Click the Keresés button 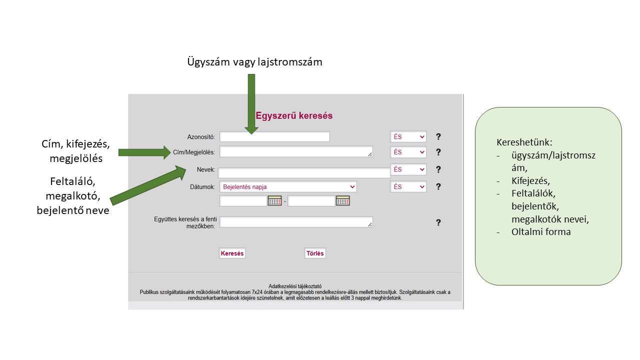pos(232,253)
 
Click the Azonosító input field pos(274,136)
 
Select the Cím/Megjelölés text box pos(296,151)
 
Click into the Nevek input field pos(304,173)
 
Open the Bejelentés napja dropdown pos(288,187)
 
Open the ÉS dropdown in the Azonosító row pos(408,136)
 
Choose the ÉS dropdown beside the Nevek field pos(408,169)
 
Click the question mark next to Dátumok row pos(438,186)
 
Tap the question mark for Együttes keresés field pos(438,222)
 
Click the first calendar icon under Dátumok pos(274,201)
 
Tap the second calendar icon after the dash pos(343,201)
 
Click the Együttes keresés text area pos(296,222)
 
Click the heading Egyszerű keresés pos(294,115)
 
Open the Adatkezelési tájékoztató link pos(295,286)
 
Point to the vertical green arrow pos(251,104)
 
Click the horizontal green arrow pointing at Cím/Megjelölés pos(144,152)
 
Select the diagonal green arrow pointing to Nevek pos(148,185)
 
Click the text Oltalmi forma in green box pos(541,231)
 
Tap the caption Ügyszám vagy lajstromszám pos(254,62)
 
